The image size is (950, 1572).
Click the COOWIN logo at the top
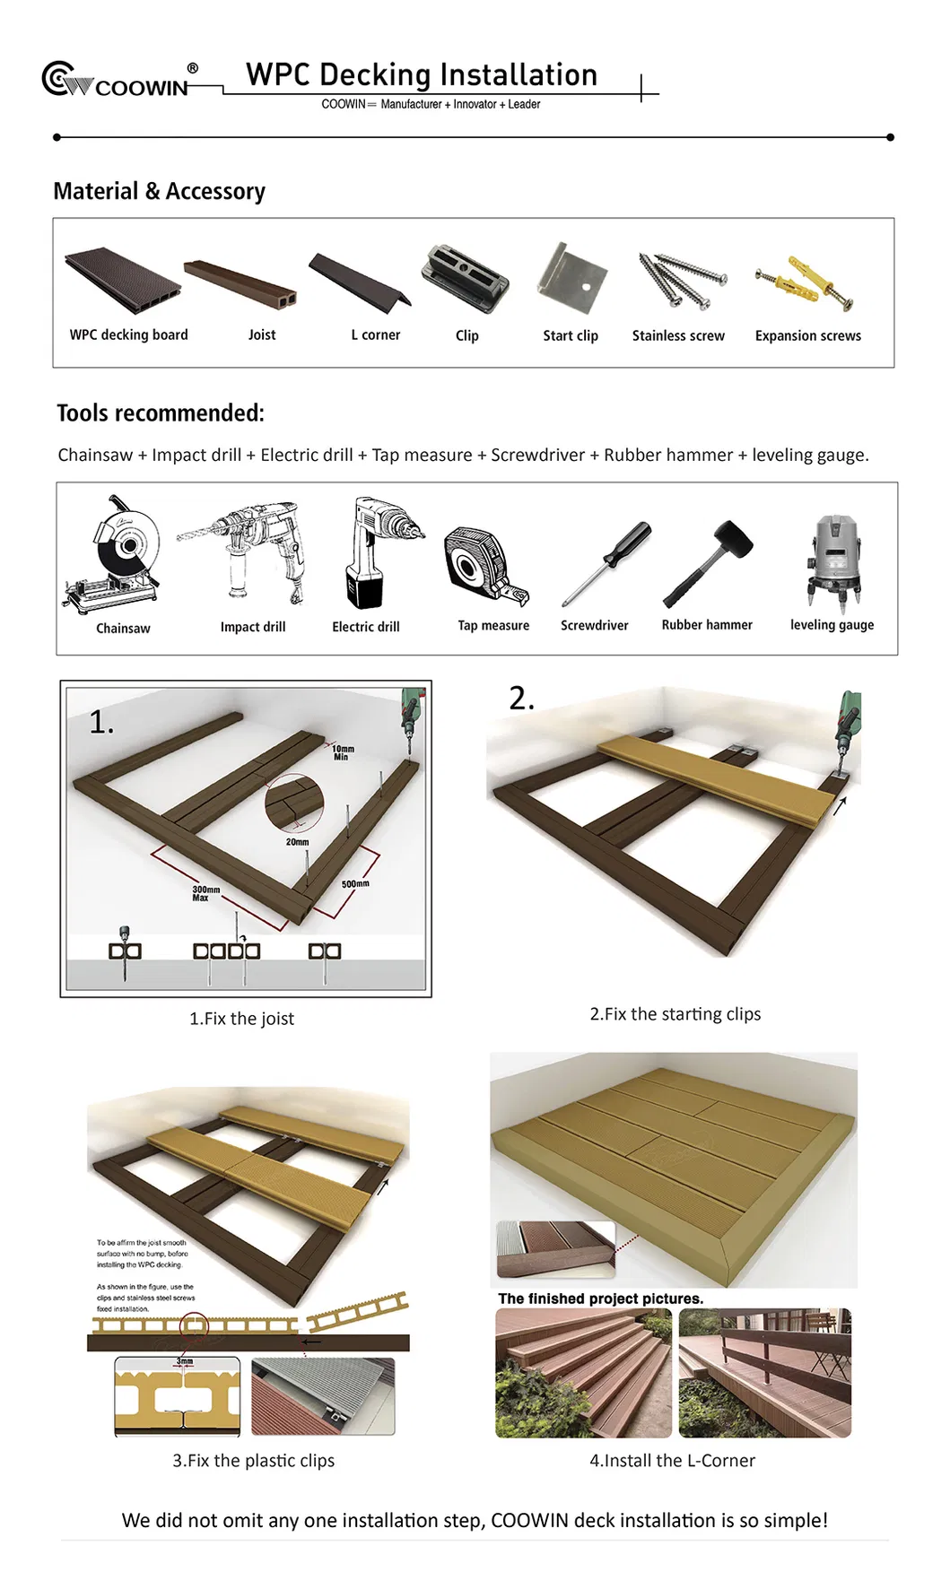tap(117, 82)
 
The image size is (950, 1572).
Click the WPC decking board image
tap(123, 280)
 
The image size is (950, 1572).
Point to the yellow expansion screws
tap(805, 282)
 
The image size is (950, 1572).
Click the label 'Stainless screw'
tap(678, 335)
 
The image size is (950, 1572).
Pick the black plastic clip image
tap(465, 278)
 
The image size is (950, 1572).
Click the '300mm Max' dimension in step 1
tap(205, 892)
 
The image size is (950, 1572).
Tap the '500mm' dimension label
tap(355, 883)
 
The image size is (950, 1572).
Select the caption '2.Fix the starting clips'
tap(675, 1013)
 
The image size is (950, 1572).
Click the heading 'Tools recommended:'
tap(161, 413)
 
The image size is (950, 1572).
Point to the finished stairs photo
tap(583, 1372)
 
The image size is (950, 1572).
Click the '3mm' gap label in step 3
tap(184, 1361)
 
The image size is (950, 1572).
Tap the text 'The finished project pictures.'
tap(600, 1298)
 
